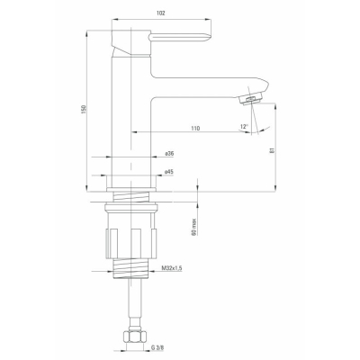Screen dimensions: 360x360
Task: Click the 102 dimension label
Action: (x=161, y=13)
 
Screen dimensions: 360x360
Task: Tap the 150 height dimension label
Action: (x=84, y=109)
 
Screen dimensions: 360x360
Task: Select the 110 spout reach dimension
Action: (x=195, y=128)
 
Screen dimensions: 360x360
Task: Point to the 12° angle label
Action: (x=245, y=126)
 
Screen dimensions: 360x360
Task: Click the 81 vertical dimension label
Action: (x=272, y=150)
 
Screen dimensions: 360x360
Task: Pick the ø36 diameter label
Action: (x=169, y=153)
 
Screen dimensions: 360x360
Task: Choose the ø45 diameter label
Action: (x=169, y=172)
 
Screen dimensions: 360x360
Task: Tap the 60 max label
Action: (x=194, y=227)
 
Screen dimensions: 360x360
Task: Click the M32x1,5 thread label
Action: (x=172, y=268)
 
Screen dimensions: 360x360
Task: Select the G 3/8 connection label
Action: (x=157, y=348)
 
